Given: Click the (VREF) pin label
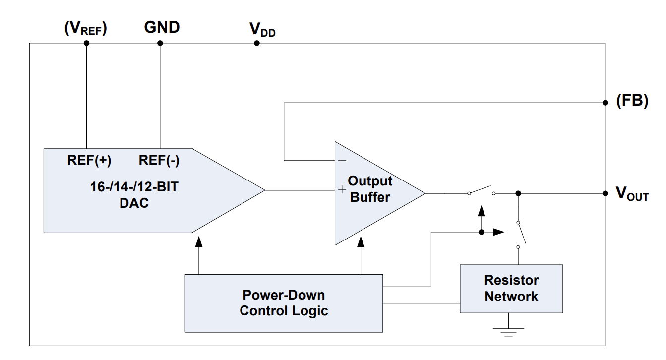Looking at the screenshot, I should point(86,29).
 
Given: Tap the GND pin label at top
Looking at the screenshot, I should point(162,27).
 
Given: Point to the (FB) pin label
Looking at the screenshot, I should point(632,101).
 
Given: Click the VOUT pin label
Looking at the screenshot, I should point(632,194).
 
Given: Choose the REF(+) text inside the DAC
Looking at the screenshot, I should point(89,161).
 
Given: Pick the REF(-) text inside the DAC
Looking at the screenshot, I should point(159,161).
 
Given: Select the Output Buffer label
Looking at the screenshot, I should point(370,189).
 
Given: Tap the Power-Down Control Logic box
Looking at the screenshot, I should point(284,303).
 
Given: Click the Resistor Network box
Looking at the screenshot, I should point(511,289).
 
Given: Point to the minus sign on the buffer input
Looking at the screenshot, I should point(342,161).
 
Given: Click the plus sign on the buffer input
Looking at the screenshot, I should point(342,190).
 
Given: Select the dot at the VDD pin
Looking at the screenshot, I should point(257,43).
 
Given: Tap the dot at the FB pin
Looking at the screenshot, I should point(605,103).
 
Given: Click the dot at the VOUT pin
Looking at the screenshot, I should point(605,193).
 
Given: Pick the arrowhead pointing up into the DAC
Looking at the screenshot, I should point(199,241).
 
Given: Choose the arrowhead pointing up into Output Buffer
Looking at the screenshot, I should point(361,241).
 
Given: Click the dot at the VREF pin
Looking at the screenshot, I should point(86,43).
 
